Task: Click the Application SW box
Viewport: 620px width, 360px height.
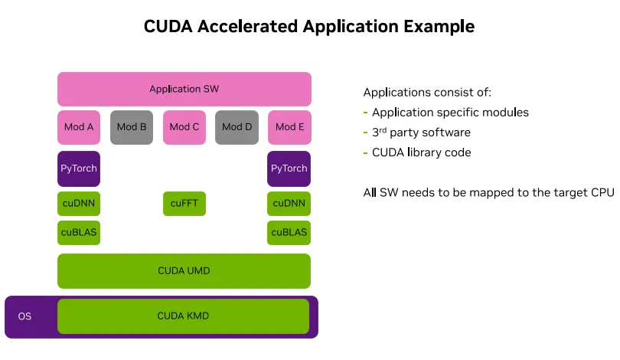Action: [184, 89]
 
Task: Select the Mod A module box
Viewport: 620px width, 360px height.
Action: [79, 127]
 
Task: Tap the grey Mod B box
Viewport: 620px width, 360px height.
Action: [132, 127]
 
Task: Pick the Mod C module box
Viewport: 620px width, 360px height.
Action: [184, 127]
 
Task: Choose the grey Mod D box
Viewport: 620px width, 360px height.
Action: [237, 127]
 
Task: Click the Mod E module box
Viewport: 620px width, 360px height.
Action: [289, 127]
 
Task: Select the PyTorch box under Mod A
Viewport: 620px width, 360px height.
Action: [79, 169]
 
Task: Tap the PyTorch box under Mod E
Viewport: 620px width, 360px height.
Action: [289, 169]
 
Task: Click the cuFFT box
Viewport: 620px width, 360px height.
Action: [184, 204]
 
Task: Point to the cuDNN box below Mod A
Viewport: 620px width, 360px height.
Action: [79, 204]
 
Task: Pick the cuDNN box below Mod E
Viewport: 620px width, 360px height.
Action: [289, 204]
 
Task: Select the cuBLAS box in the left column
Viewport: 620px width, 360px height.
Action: [79, 232]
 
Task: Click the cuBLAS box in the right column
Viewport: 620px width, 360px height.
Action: [289, 232]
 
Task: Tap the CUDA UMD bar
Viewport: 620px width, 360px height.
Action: [184, 271]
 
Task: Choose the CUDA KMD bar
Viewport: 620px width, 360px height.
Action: [184, 316]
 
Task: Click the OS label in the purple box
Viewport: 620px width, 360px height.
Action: [25, 316]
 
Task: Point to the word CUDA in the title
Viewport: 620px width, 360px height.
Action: [168, 26]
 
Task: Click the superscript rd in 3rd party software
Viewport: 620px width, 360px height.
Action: [383, 129]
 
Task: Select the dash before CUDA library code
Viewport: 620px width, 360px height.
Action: [366, 152]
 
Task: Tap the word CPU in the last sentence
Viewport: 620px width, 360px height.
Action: [603, 192]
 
